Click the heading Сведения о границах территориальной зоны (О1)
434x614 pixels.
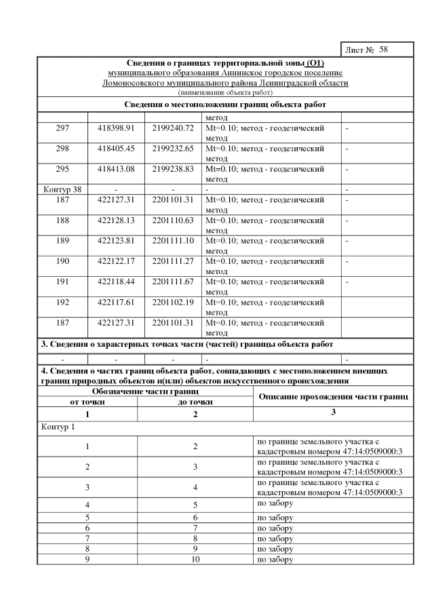224,63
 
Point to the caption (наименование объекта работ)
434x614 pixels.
224,92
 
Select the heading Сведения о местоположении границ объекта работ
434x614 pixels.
225,104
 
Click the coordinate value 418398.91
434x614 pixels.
116,128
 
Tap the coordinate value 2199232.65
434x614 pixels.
173,148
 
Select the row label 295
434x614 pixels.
62,168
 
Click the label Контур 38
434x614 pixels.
62,189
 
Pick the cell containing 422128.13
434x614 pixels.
116,220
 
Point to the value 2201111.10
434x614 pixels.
173,240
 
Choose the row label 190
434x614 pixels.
62,261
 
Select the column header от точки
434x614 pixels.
87,402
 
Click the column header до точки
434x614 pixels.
195,402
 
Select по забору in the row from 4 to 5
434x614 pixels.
275,504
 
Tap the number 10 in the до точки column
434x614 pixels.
195,560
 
